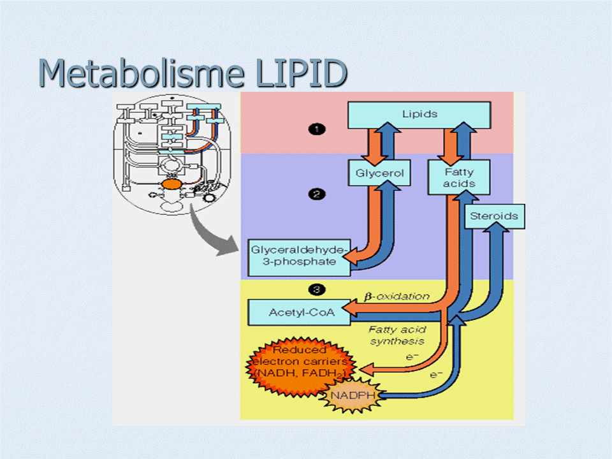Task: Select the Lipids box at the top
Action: click(x=419, y=115)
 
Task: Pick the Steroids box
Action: click(x=493, y=216)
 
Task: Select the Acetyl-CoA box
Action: click(x=293, y=312)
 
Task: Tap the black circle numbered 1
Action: click(x=316, y=129)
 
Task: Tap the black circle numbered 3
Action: click(x=314, y=290)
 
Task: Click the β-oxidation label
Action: click(x=397, y=296)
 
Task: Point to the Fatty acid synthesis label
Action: click(x=397, y=335)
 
